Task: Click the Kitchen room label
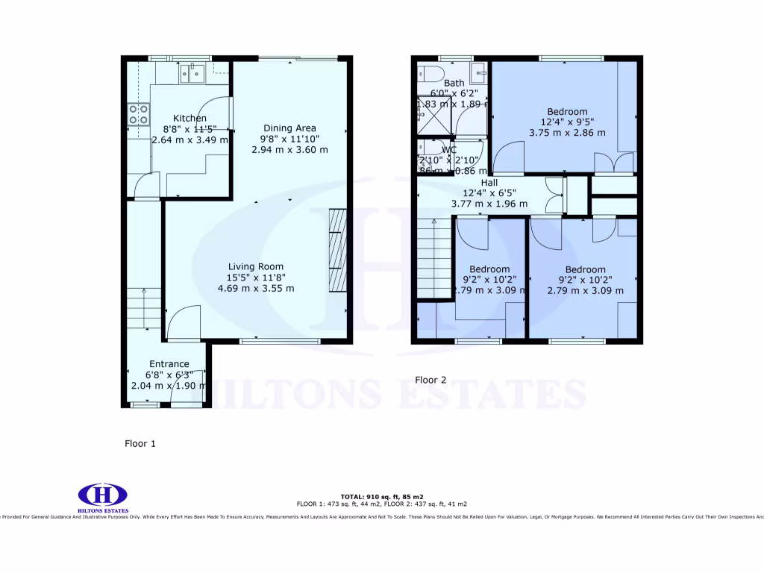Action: tap(190, 118)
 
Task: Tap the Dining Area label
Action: tap(289, 128)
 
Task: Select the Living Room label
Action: tap(256, 266)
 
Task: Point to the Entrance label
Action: tap(169, 364)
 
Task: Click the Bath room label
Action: tap(454, 83)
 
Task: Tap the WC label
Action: tap(449, 150)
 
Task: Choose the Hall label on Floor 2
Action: tap(489, 182)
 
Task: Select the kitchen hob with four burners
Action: tap(138, 113)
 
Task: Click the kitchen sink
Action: tap(192, 73)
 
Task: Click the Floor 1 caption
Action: tap(140, 443)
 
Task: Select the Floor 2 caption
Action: tap(430, 380)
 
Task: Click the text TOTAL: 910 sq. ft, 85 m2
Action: tap(382, 496)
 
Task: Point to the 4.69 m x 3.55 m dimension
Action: tap(255, 288)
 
